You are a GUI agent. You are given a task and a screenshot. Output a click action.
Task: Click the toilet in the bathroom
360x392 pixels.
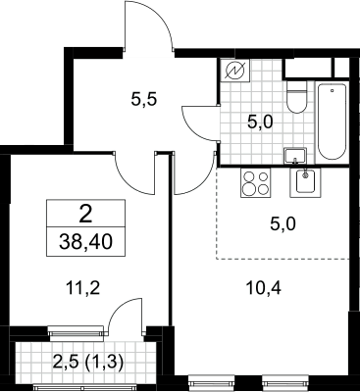click(x=296, y=97)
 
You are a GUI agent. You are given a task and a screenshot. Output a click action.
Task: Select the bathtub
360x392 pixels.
click(x=332, y=122)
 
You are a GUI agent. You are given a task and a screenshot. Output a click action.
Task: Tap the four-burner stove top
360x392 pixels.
click(x=256, y=182)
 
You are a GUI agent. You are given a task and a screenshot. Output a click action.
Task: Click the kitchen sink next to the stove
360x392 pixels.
click(x=305, y=182)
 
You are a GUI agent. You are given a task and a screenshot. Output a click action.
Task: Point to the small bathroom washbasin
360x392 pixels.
click(x=295, y=156)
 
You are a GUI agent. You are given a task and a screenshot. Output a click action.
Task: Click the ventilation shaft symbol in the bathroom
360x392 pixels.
click(x=235, y=71)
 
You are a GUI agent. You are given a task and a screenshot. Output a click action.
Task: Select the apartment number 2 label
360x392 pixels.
click(x=85, y=216)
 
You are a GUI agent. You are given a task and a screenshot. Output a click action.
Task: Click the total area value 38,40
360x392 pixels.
click(x=85, y=242)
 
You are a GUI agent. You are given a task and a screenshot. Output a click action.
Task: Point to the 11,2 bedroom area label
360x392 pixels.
click(x=81, y=288)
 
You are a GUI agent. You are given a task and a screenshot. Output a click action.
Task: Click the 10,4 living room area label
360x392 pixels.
click(x=264, y=288)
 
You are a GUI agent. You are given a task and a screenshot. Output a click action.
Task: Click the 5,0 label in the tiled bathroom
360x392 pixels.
click(x=260, y=123)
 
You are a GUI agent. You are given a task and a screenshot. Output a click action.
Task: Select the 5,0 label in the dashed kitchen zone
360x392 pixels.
click(x=283, y=224)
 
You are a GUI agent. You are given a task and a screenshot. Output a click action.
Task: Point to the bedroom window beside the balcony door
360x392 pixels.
click(x=76, y=330)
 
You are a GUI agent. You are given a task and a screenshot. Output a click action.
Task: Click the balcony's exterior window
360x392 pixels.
click(x=90, y=387)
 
